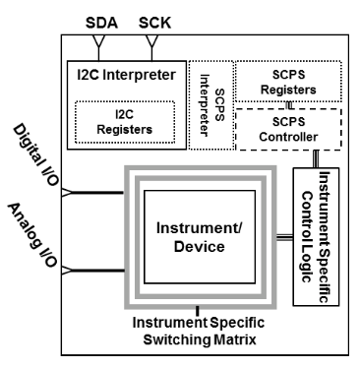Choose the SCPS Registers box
[x=290, y=79]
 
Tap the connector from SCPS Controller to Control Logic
[x=314, y=158]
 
